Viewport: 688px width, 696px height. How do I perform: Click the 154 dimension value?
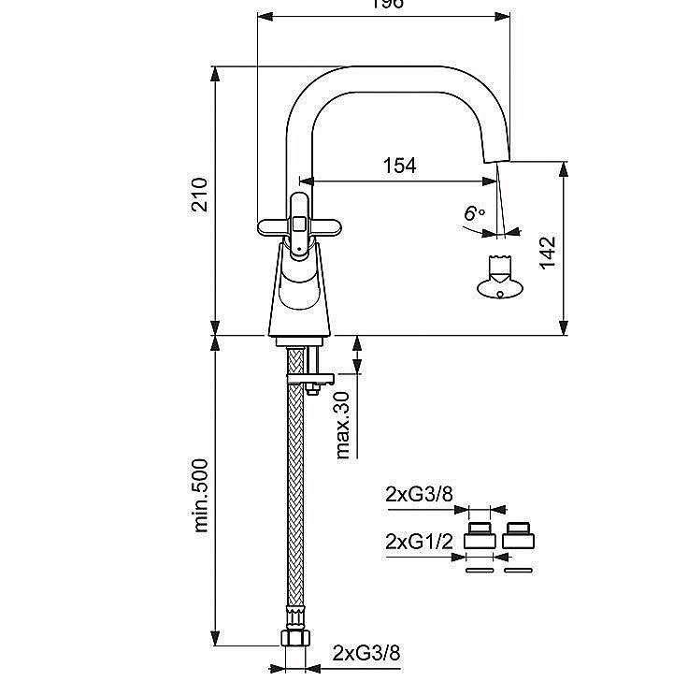[x=399, y=166]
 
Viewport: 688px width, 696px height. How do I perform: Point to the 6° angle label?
[x=475, y=213]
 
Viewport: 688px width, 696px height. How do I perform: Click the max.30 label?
[x=343, y=426]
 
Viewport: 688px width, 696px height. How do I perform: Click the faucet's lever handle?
[x=297, y=225]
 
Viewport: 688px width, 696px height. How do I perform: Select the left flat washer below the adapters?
[x=480, y=569]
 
